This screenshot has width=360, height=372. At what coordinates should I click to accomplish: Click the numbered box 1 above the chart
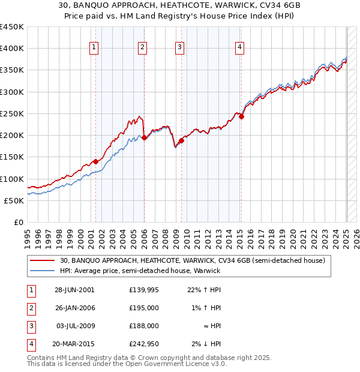(95, 49)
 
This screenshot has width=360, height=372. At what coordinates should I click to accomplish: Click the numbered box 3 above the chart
(180, 49)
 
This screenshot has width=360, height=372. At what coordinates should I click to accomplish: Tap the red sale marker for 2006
(144, 137)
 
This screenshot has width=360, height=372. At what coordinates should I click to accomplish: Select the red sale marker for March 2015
(241, 117)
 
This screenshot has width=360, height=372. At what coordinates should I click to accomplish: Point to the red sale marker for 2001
(95, 161)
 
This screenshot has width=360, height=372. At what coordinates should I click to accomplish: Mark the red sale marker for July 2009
(181, 140)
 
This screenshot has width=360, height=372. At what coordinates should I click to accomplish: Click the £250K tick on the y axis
(12, 113)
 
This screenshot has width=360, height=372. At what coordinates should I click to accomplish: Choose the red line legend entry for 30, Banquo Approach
(192, 260)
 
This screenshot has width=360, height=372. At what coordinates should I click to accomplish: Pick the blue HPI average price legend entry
(140, 271)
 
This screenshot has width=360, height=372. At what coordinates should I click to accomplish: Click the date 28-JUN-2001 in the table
(74, 290)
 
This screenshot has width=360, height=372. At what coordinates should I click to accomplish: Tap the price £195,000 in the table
(144, 308)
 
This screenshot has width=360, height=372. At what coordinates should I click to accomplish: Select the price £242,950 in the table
(144, 344)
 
